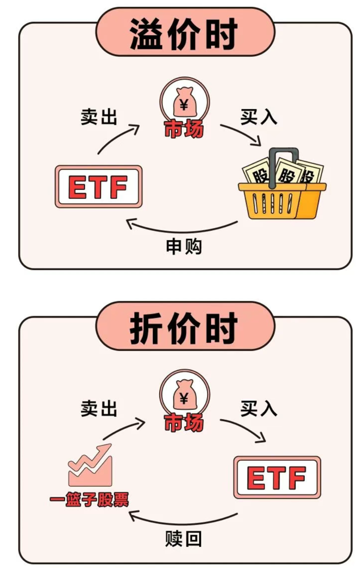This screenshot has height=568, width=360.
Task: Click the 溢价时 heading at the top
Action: [184, 35]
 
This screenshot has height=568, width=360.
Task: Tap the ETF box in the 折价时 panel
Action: [276, 478]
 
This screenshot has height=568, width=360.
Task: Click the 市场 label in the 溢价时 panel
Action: [183, 130]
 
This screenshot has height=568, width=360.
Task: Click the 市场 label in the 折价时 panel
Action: [183, 422]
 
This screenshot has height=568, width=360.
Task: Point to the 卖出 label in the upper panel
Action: [99, 117]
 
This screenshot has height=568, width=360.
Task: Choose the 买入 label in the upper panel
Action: [259, 117]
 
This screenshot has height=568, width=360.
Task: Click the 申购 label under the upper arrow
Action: [183, 246]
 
